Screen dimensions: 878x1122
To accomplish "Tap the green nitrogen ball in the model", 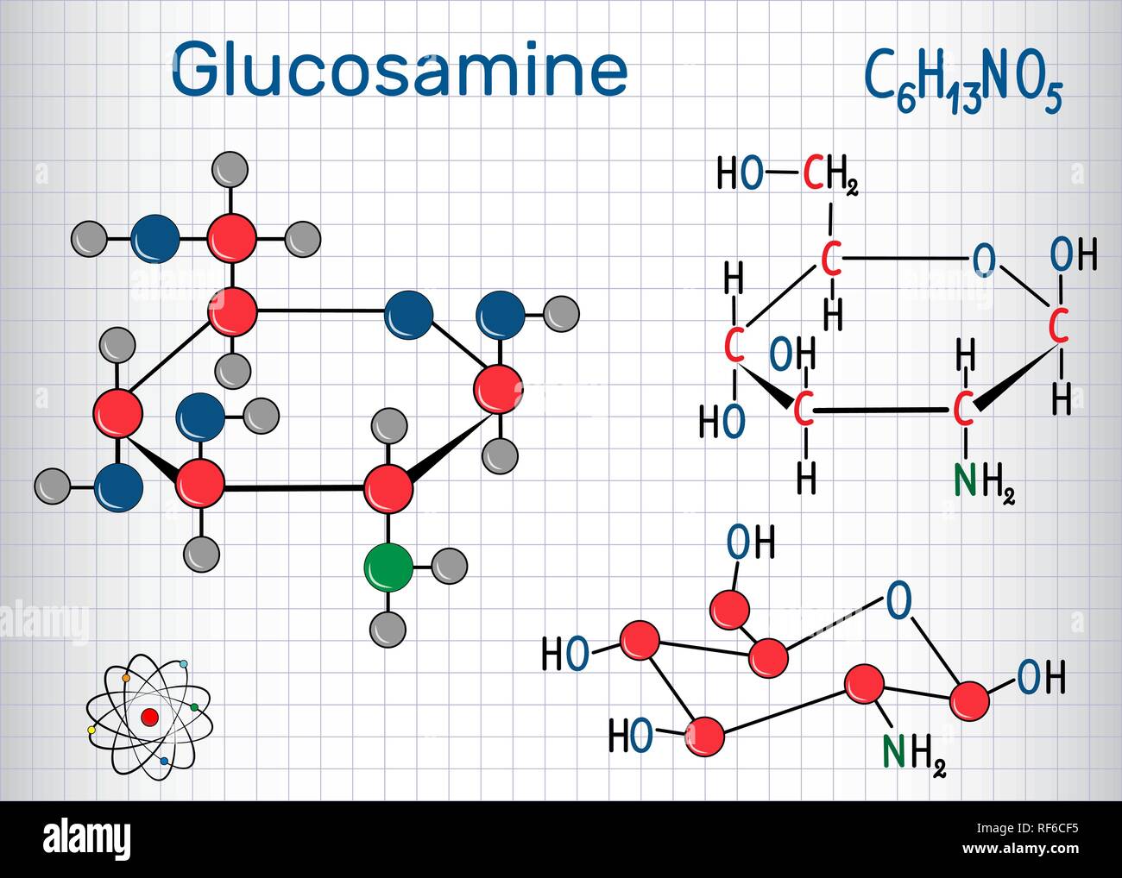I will [x=388, y=568].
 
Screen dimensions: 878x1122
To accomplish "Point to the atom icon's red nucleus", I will [x=149, y=717].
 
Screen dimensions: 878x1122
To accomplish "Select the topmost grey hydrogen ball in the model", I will [x=230, y=169].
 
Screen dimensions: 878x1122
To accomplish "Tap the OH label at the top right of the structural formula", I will [x=1073, y=256].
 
